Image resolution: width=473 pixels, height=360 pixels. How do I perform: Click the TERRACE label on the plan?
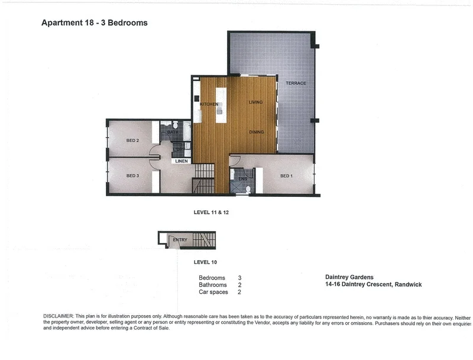click(x=296, y=83)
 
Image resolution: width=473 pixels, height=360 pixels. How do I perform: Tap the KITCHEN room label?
click(x=209, y=104)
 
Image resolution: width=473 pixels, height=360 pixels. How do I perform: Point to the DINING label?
click(x=256, y=132)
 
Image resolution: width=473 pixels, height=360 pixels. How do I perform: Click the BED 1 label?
click(x=286, y=176)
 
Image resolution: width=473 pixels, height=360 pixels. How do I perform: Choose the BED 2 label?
click(x=132, y=141)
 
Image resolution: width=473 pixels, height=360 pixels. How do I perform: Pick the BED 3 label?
click(x=132, y=176)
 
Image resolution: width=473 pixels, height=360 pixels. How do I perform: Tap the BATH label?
click(x=172, y=132)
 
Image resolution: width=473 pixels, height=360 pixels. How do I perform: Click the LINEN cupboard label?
click(x=182, y=161)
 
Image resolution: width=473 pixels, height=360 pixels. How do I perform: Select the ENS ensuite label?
click(x=242, y=178)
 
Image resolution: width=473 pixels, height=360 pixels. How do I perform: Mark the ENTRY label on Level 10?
click(x=180, y=239)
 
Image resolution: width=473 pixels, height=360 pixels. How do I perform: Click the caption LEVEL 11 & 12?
click(x=212, y=211)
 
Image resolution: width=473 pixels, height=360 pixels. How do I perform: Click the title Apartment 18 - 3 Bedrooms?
click(x=95, y=23)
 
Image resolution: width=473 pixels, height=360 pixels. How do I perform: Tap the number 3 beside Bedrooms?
click(x=239, y=277)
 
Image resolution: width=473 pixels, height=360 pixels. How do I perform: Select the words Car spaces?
click(x=213, y=292)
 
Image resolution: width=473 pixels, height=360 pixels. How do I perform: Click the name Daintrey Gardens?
click(x=349, y=277)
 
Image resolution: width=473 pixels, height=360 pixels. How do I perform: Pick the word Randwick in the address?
click(x=407, y=284)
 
